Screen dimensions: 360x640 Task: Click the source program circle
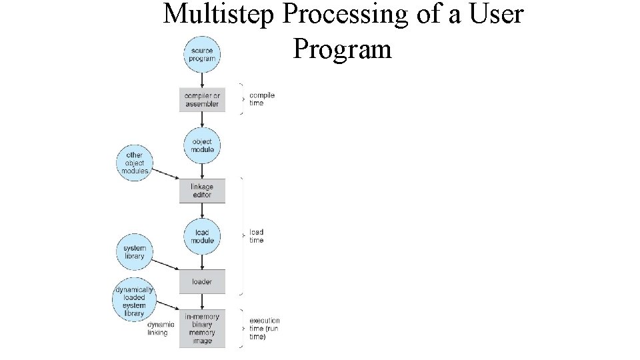[x=202, y=54]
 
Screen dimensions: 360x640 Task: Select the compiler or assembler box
[x=202, y=99]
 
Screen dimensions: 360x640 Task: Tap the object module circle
[x=202, y=145]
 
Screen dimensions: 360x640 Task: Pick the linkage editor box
[x=202, y=191]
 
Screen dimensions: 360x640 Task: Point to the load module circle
[x=202, y=236]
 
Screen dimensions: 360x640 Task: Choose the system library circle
[x=134, y=252]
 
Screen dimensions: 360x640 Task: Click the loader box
[x=202, y=281]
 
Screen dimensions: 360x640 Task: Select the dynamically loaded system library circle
[x=134, y=301]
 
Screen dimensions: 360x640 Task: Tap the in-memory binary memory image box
[x=202, y=328]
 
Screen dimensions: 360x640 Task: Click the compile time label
[x=261, y=99]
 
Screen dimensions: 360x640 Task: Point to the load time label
[x=257, y=236]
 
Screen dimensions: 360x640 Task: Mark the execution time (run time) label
[x=264, y=328]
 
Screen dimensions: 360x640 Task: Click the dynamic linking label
[x=161, y=329]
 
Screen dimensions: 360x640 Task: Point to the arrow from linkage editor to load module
[x=202, y=211]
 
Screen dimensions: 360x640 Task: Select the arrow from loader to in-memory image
[x=202, y=301]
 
